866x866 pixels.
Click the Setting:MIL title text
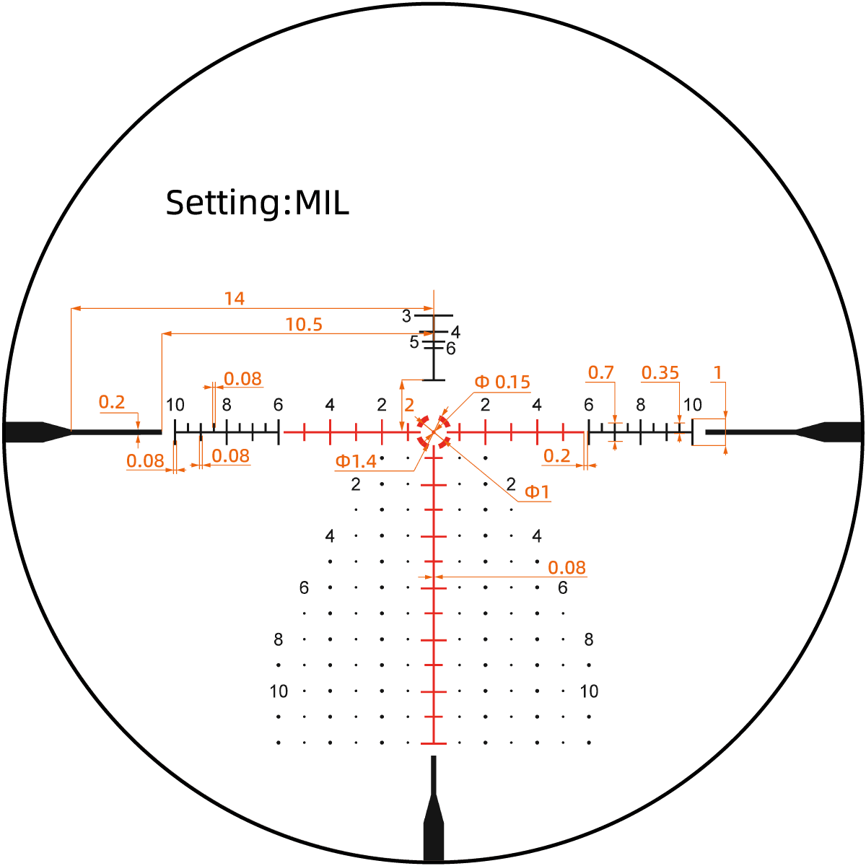[258, 204]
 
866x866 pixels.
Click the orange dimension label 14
[234, 299]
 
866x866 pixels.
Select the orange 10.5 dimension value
[305, 325]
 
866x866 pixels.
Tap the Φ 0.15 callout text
[502, 382]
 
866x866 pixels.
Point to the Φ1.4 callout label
[356, 462]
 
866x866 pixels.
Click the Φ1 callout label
[537, 492]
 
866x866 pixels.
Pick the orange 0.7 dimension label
[601, 372]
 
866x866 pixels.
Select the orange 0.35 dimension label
[660, 372]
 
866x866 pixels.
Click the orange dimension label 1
[717, 372]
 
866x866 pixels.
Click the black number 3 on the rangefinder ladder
[406, 316]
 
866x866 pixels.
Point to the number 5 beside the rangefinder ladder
[414, 343]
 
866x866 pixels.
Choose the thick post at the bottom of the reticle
[434, 809]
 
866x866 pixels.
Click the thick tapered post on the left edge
[37, 432]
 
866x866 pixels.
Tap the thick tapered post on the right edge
[829, 432]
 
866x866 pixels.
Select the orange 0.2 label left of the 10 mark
[111, 402]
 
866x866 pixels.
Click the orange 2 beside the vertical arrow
[409, 406]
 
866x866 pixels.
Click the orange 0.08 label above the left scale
[242, 379]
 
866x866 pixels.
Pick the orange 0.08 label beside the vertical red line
[567, 568]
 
